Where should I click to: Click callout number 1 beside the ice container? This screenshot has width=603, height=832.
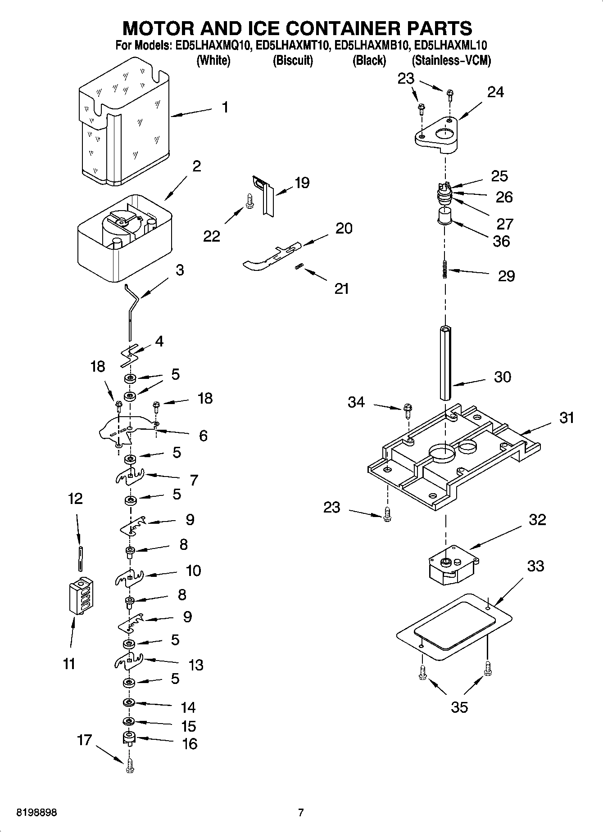(225, 108)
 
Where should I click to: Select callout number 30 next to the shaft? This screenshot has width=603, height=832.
(502, 377)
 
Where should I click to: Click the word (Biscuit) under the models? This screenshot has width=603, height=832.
(293, 61)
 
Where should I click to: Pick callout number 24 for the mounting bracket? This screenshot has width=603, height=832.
(495, 92)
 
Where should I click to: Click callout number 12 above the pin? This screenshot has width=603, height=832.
(75, 499)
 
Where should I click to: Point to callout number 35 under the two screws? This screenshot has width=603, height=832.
(459, 707)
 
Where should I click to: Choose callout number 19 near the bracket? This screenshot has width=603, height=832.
(302, 183)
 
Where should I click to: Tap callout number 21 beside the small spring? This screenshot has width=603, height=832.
(341, 288)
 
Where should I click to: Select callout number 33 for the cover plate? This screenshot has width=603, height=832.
(535, 566)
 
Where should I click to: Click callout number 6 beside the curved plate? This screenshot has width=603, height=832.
(203, 436)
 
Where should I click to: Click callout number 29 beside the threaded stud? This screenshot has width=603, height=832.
(506, 276)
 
